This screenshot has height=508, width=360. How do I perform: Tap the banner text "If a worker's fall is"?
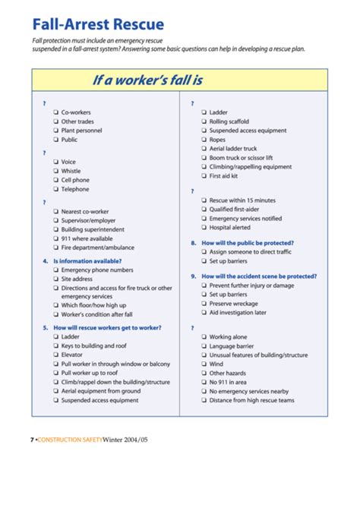[148, 79]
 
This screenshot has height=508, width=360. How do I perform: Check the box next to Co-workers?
[55, 112]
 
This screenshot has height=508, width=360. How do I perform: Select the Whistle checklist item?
[71, 171]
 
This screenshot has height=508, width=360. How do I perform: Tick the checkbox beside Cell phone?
[55, 180]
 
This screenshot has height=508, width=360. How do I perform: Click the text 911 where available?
[86, 238]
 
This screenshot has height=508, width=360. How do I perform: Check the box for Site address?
[55, 279]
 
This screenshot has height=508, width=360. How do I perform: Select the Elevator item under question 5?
[73, 355]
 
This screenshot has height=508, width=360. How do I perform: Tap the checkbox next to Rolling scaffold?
[204, 121]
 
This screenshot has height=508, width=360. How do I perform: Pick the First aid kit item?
[223, 175]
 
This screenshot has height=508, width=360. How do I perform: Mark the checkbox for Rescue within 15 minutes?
[204, 200]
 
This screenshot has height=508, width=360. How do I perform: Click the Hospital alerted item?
[229, 227]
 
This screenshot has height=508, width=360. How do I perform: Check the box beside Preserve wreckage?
[204, 303]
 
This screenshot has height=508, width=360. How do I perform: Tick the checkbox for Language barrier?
[204, 346]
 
